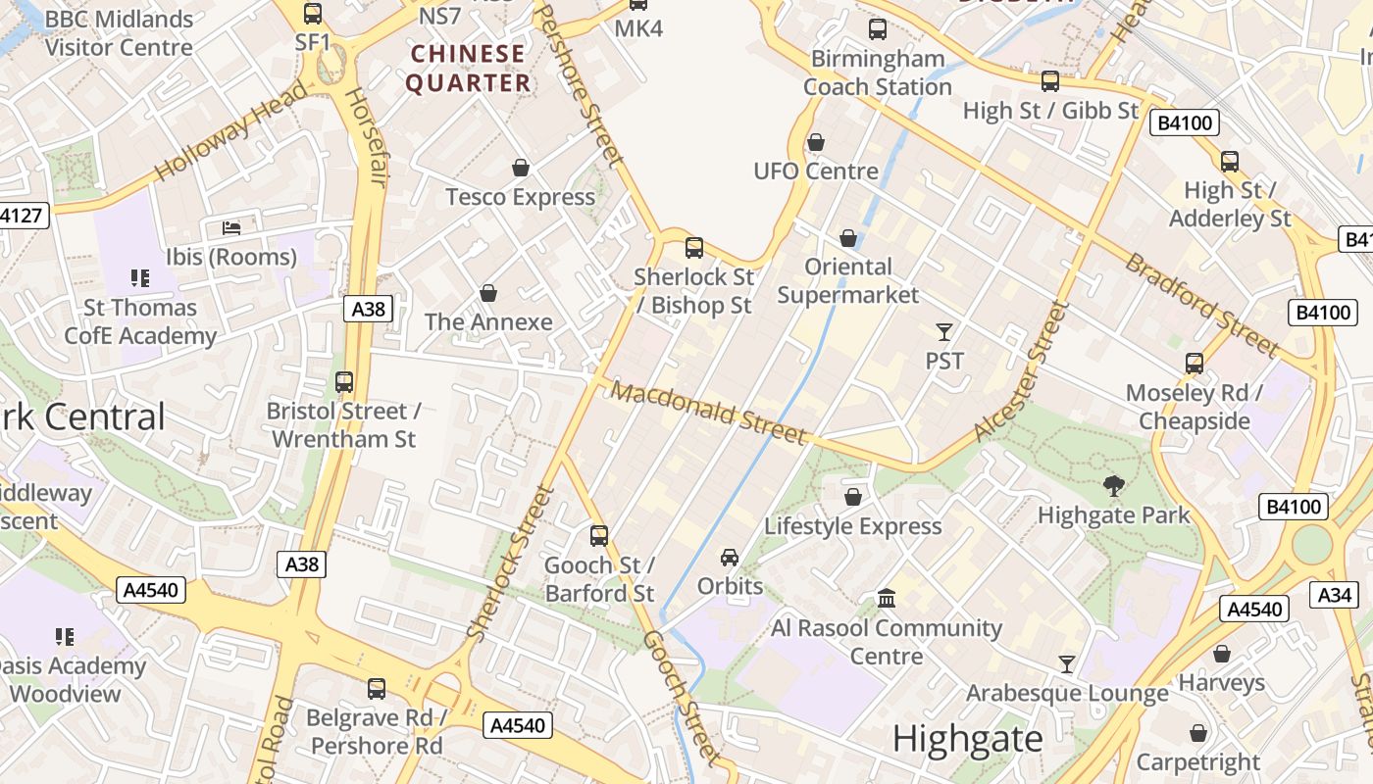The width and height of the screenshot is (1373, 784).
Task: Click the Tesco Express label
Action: click(x=520, y=197)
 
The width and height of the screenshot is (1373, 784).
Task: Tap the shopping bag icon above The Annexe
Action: click(x=487, y=293)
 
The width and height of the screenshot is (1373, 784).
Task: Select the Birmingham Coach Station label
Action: click(x=877, y=73)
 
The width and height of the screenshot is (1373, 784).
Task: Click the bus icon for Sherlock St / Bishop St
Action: click(x=694, y=247)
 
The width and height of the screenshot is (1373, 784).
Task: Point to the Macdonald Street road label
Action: click(x=708, y=412)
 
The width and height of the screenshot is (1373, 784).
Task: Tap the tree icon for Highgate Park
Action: click(x=1113, y=484)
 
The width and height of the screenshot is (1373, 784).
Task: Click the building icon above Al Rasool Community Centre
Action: click(x=887, y=597)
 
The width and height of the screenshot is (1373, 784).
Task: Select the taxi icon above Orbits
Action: click(x=730, y=557)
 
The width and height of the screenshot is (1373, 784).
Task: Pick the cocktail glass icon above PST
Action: click(x=944, y=331)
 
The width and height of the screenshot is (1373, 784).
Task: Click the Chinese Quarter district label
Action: click(x=469, y=68)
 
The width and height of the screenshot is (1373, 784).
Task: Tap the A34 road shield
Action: click(x=1335, y=594)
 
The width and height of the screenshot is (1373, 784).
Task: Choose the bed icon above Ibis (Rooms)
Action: click(x=231, y=227)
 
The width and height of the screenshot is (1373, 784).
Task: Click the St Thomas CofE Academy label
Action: click(x=140, y=321)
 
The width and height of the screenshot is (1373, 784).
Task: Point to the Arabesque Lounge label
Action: click(x=1067, y=694)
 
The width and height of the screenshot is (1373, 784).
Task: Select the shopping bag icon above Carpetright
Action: click(x=1197, y=732)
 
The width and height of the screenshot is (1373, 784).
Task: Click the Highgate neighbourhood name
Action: click(x=968, y=739)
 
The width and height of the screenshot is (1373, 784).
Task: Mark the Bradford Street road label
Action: click(x=1201, y=304)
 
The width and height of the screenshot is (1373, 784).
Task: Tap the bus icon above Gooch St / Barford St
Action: click(x=599, y=535)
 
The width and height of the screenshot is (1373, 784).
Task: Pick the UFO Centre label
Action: click(x=816, y=171)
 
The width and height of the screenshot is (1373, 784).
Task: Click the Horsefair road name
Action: click(x=364, y=137)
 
